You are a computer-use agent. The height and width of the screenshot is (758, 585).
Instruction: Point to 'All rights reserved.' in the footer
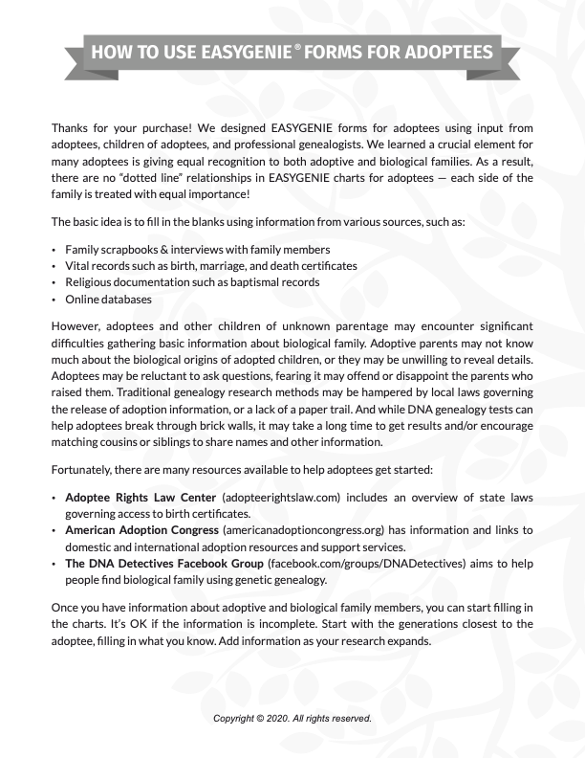(x=331, y=717)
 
